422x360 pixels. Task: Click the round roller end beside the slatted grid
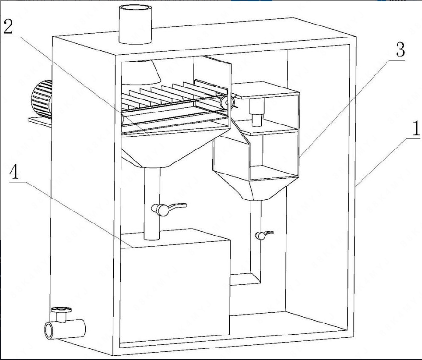[226, 102]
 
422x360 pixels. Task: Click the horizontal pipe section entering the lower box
[245, 279]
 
